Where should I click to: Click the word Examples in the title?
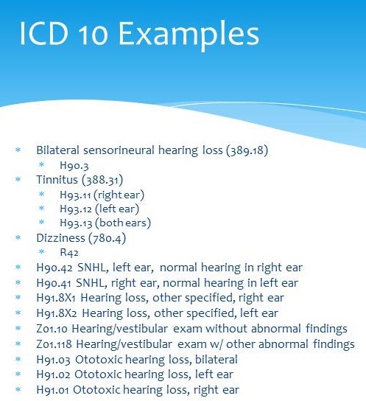pyautogui.click(x=189, y=35)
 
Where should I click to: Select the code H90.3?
pyautogui.click(x=74, y=165)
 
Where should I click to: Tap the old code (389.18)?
pyautogui.click(x=247, y=150)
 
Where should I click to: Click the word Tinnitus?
pyautogui.click(x=57, y=179)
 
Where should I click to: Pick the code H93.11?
pyautogui.click(x=75, y=195)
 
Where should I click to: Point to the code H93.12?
pyautogui.click(x=76, y=209)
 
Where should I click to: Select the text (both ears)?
pyautogui.click(x=123, y=223)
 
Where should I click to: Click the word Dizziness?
pyautogui.click(x=60, y=238)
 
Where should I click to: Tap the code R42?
pyautogui.click(x=69, y=252)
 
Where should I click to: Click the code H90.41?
pyautogui.click(x=54, y=283)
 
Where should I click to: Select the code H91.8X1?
pyautogui.click(x=56, y=298)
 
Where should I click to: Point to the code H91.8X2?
pyautogui.click(x=57, y=313)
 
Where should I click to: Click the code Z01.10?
pyautogui.click(x=52, y=329)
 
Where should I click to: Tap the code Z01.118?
pyautogui.click(x=54, y=344)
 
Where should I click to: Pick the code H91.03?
pyautogui.click(x=53, y=360)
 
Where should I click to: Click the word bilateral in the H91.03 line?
pyautogui.click(x=217, y=359)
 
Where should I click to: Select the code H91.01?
pyautogui.click(x=52, y=390)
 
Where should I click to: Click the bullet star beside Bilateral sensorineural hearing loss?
pyautogui.click(x=18, y=150)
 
